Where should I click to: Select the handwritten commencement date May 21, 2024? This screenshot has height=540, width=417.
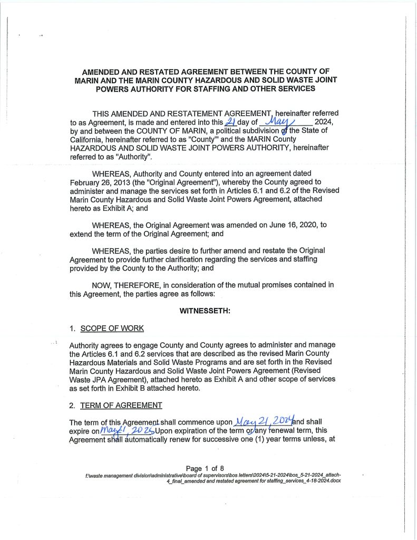[x=267, y=421]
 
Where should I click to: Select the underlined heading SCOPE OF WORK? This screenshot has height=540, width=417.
[x=112, y=328]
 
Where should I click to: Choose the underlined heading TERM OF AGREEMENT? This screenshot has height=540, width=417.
[x=121, y=405]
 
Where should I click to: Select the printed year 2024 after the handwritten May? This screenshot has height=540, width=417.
[x=324, y=122]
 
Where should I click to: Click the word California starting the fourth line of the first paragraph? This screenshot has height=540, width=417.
[x=88, y=139]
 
